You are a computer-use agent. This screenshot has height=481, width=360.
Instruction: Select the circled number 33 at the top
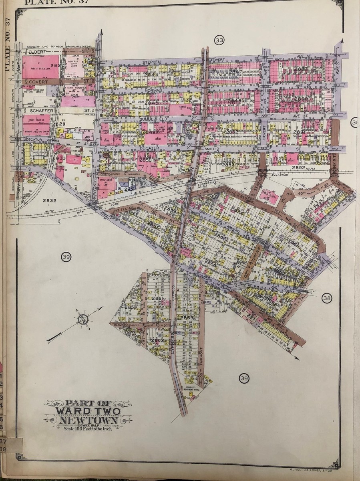(219, 40)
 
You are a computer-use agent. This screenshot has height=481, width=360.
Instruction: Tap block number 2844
(140, 74)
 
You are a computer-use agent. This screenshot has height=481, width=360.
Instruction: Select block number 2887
(300, 69)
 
